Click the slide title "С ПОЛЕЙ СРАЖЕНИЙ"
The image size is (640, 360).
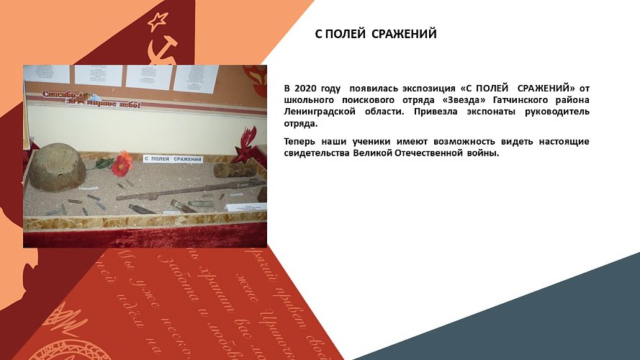[376, 34]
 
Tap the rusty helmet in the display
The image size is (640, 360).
[58, 167]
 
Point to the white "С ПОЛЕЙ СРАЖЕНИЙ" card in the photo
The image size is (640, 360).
[173, 158]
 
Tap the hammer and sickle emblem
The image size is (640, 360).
[163, 50]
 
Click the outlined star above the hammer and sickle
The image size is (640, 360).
[157, 22]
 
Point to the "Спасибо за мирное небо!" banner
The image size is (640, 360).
[89, 99]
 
